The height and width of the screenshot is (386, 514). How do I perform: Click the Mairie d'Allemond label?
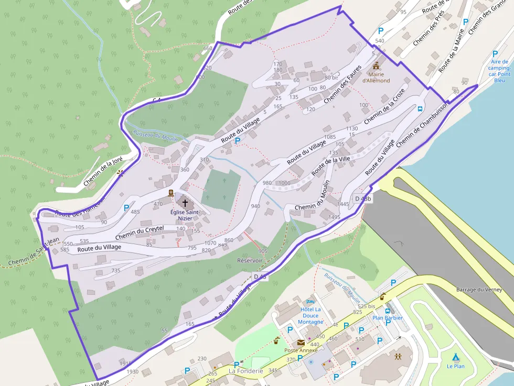(376, 78)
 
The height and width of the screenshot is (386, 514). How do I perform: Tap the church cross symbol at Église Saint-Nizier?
(184, 202)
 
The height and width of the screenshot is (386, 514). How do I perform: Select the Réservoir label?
(250, 260)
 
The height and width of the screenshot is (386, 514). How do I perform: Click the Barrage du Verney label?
(479, 290)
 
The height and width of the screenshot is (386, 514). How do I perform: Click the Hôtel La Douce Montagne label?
(311, 316)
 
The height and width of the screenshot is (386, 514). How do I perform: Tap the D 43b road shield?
(362, 198)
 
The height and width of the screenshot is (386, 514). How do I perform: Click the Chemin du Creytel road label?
(140, 232)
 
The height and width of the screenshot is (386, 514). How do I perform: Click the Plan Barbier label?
(388, 318)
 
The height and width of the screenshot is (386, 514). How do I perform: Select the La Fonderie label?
(245, 371)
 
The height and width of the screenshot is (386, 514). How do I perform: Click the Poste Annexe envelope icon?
(301, 343)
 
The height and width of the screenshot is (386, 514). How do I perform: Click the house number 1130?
(351, 128)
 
